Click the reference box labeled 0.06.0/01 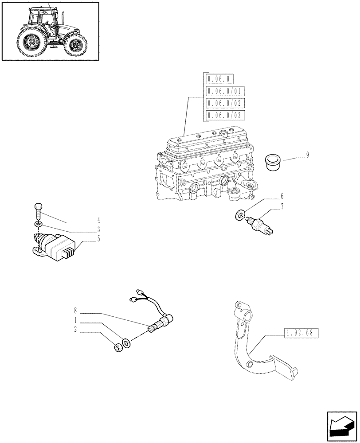click(225, 91)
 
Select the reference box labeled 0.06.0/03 click(225, 116)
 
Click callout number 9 click(307, 155)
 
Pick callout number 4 click(98, 220)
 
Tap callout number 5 click(98, 239)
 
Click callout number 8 click(76, 311)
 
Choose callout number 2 click(76, 329)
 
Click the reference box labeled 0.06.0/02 click(225, 103)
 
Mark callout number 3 click(98, 229)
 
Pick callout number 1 click(76, 320)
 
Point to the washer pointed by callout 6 click(239, 216)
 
